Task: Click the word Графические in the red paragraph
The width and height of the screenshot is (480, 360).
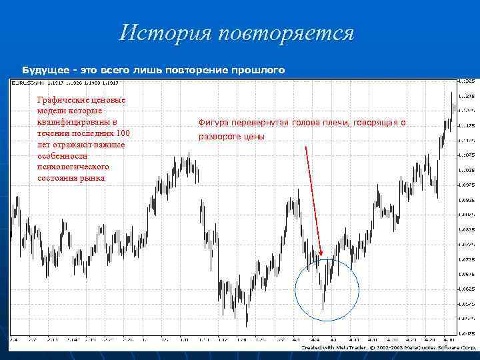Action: (x=63, y=100)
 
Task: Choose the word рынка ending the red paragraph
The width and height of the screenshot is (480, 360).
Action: (x=93, y=178)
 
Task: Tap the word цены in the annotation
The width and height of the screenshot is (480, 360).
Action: (x=255, y=137)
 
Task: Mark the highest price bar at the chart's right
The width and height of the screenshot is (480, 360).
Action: (x=451, y=93)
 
